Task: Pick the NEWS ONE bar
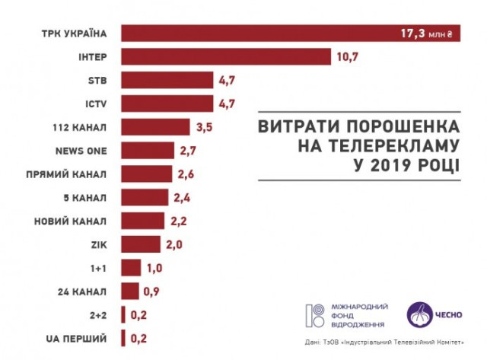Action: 148,150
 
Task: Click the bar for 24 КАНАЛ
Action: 130,291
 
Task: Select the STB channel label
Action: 100,80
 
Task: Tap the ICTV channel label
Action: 99,104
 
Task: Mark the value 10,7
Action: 347,57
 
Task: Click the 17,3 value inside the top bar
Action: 414,33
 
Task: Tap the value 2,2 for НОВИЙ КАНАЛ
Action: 180,221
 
